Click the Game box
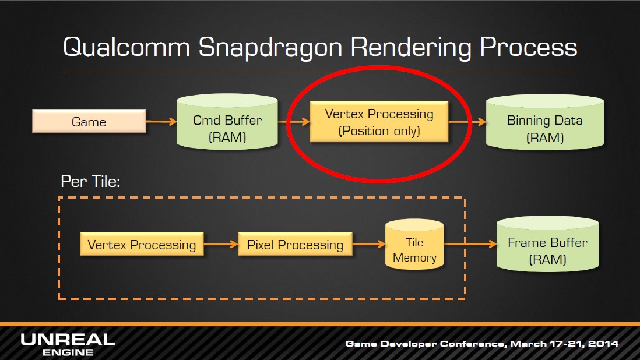click(89, 121)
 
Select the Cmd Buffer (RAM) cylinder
click(227, 122)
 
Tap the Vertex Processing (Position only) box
click(379, 122)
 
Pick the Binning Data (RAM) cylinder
click(544, 122)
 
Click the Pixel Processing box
click(295, 244)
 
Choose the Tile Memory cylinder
click(414, 245)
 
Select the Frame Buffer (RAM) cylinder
click(547, 244)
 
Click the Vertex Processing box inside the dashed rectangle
click(142, 244)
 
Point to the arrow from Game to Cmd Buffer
click(161, 122)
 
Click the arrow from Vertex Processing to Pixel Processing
click(221, 244)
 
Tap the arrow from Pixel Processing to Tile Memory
click(369, 244)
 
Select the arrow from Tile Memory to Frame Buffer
click(470, 244)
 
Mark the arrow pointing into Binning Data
click(467, 122)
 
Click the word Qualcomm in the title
click(126, 47)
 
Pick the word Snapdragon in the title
click(270, 48)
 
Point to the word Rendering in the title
click(411, 48)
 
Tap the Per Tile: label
click(90, 181)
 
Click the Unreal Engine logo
click(68, 344)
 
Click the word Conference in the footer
click(473, 344)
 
